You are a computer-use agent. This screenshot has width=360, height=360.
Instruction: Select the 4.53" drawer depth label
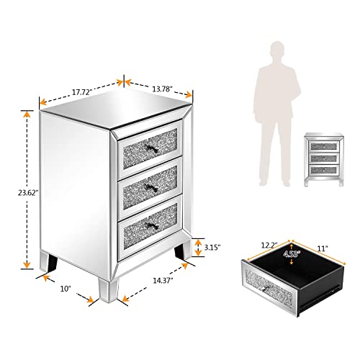click(292, 253)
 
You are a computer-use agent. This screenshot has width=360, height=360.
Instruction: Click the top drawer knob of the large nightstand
click(146, 149)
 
